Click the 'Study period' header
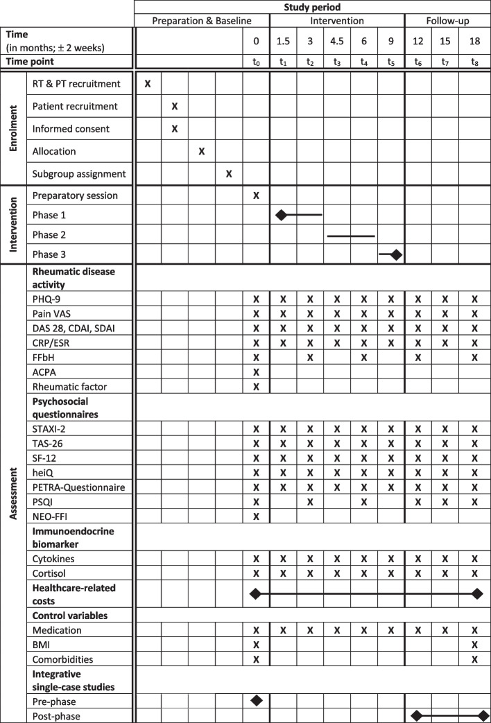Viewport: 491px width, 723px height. tap(311, 7)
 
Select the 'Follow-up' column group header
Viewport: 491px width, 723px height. tap(446, 21)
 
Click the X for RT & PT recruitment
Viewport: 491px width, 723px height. tap(148, 84)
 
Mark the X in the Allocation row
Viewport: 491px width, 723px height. tap(202, 151)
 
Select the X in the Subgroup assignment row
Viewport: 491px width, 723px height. tap(229, 173)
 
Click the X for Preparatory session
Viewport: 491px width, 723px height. tap(256, 195)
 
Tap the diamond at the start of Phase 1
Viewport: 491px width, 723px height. tap(281, 215)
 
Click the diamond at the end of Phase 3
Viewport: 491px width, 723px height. tap(396, 254)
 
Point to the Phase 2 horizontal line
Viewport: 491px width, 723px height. tap(351, 236)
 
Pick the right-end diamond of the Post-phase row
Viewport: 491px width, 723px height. tap(483, 715)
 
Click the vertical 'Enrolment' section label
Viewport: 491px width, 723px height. tap(12, 129)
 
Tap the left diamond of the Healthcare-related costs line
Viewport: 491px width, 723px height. tap(255, 593)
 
